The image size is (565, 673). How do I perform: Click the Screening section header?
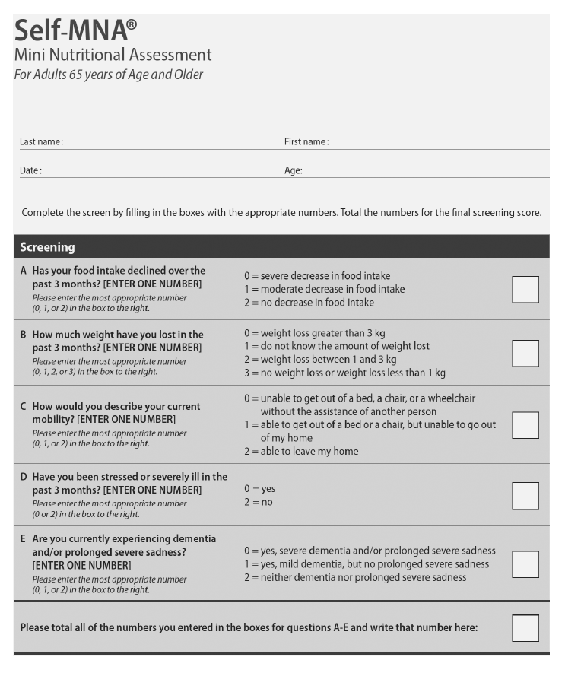point(47,247)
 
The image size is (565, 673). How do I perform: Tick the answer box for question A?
point(525,290)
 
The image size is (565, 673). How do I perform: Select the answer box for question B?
point(525,353)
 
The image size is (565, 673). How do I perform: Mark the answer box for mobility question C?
point(525,425)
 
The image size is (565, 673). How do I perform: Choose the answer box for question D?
point(525,495)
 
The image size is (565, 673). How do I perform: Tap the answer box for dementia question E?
point(525,563)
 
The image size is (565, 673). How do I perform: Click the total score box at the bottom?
point(525,628)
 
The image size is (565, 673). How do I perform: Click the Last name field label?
point(41,142)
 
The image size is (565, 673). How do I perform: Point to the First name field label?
point(306,142)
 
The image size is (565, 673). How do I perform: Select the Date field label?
point(30,171)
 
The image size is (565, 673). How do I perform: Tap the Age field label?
point(293,171)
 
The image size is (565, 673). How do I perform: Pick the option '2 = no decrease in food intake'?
point(309,303)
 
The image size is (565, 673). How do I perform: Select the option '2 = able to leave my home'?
point(301,452)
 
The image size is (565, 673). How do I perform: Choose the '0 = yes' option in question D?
point(259,489)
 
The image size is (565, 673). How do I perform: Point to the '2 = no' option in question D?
point(258,503)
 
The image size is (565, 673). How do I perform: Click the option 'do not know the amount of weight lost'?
point(337,346)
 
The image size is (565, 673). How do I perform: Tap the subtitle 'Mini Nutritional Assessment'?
point(113,55)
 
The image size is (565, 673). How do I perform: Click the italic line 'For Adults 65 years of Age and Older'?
point(108,75)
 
